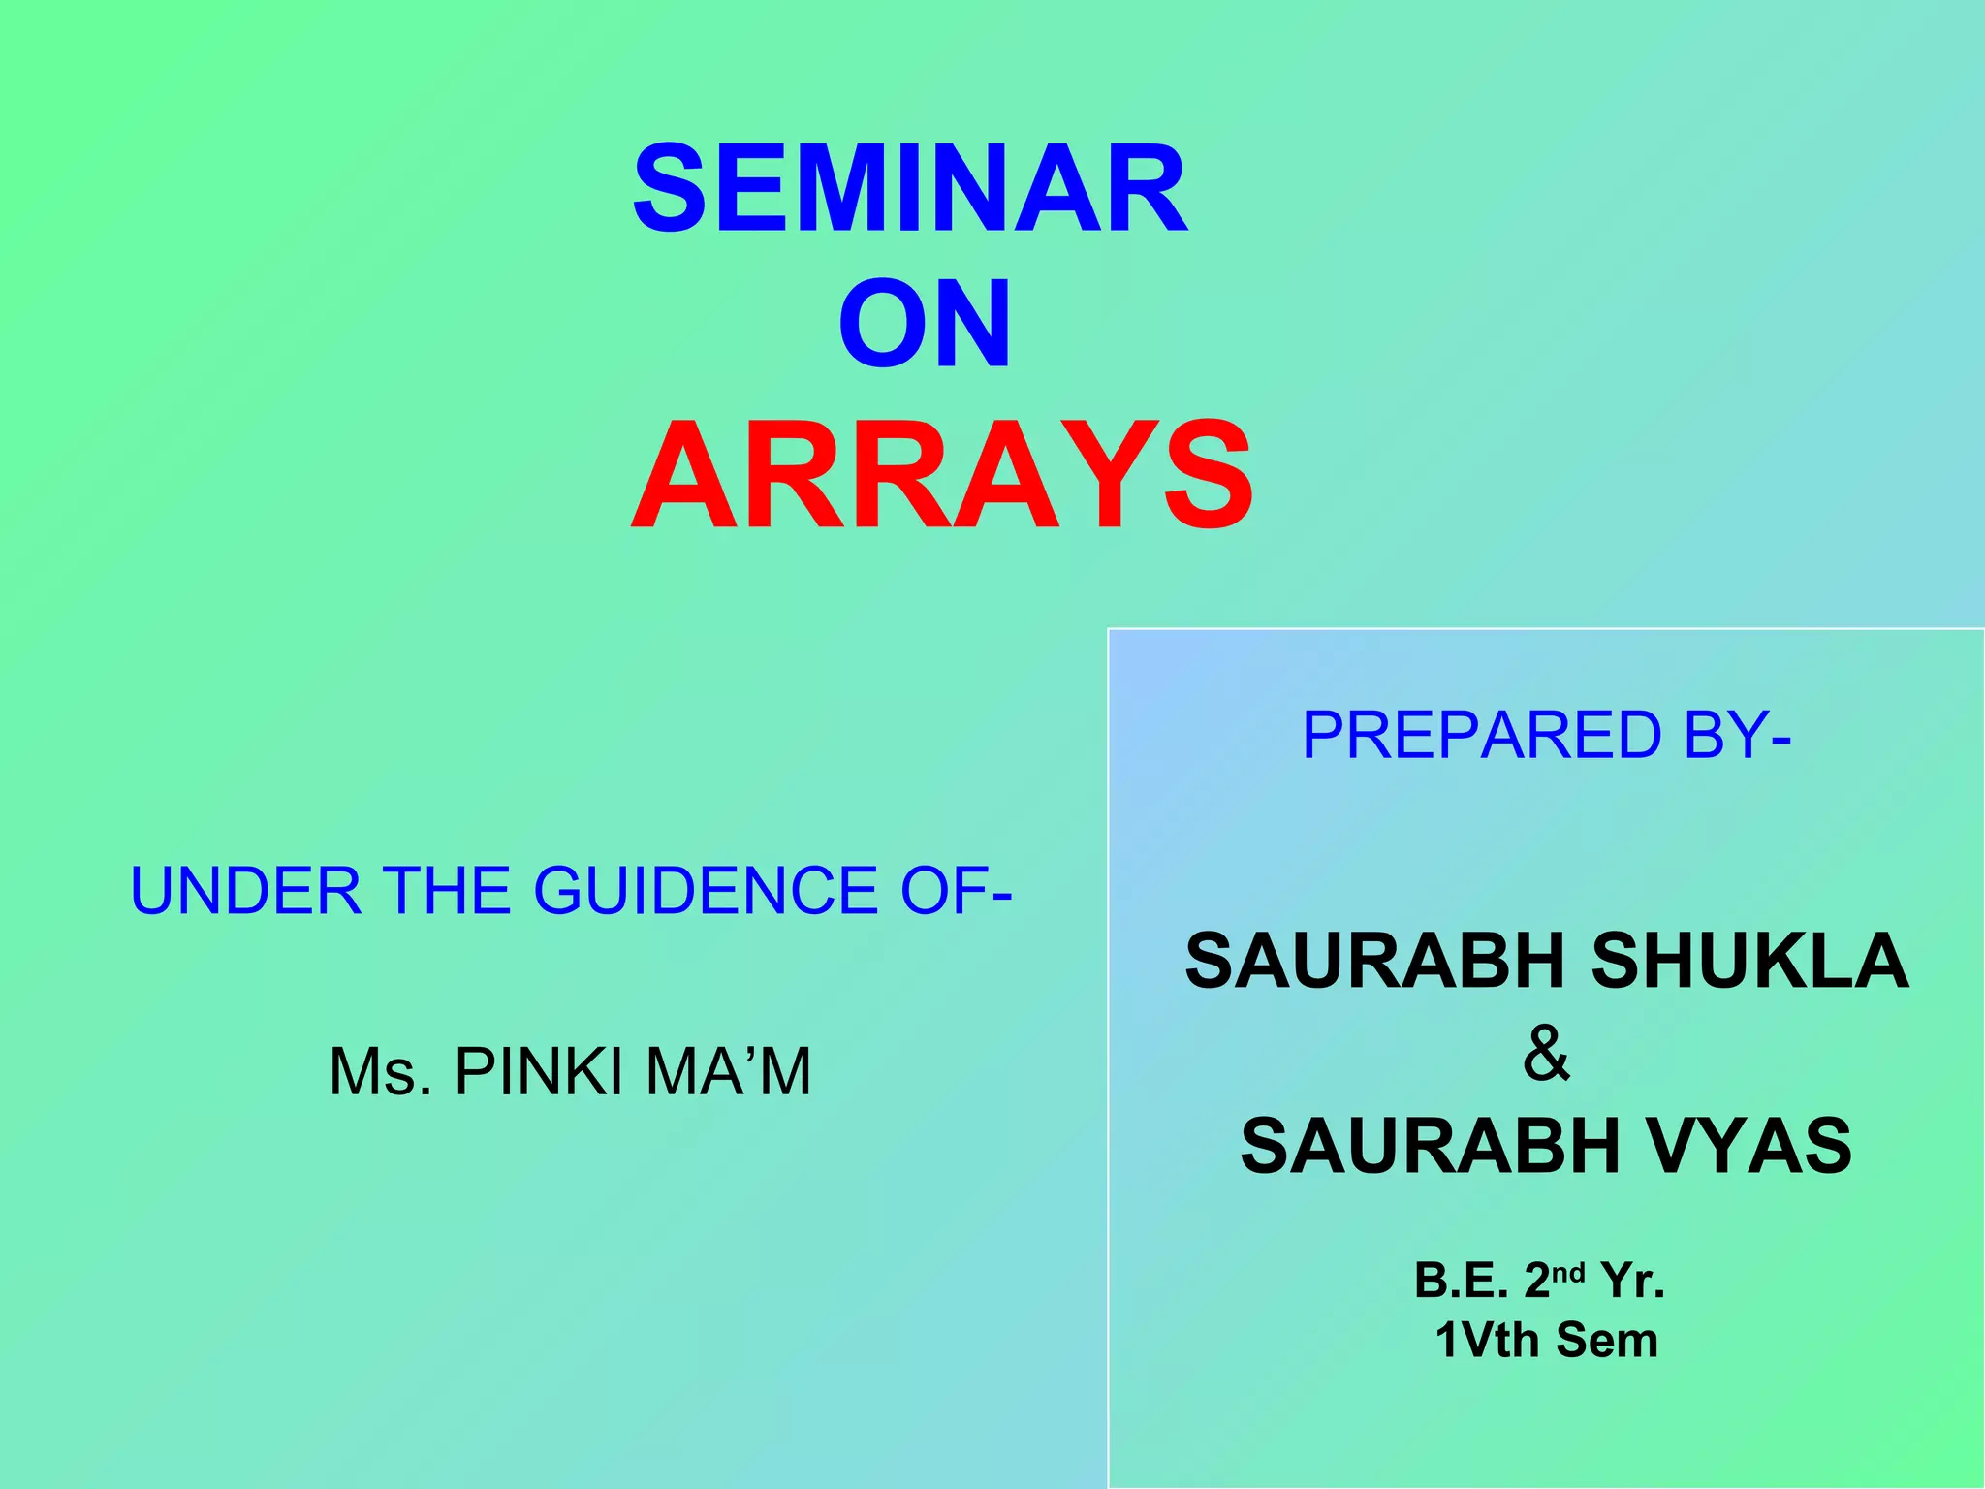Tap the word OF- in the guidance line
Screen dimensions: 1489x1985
point(956,891)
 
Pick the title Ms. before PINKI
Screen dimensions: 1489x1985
point(380,1072)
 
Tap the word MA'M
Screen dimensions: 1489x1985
point(728,1072)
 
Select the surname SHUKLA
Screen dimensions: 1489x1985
point(1749,961)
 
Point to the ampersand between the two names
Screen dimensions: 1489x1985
point(1545,1053)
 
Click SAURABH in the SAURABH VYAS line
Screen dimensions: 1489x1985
point(1431,1145)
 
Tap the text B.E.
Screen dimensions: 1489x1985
point(1461,1281)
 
